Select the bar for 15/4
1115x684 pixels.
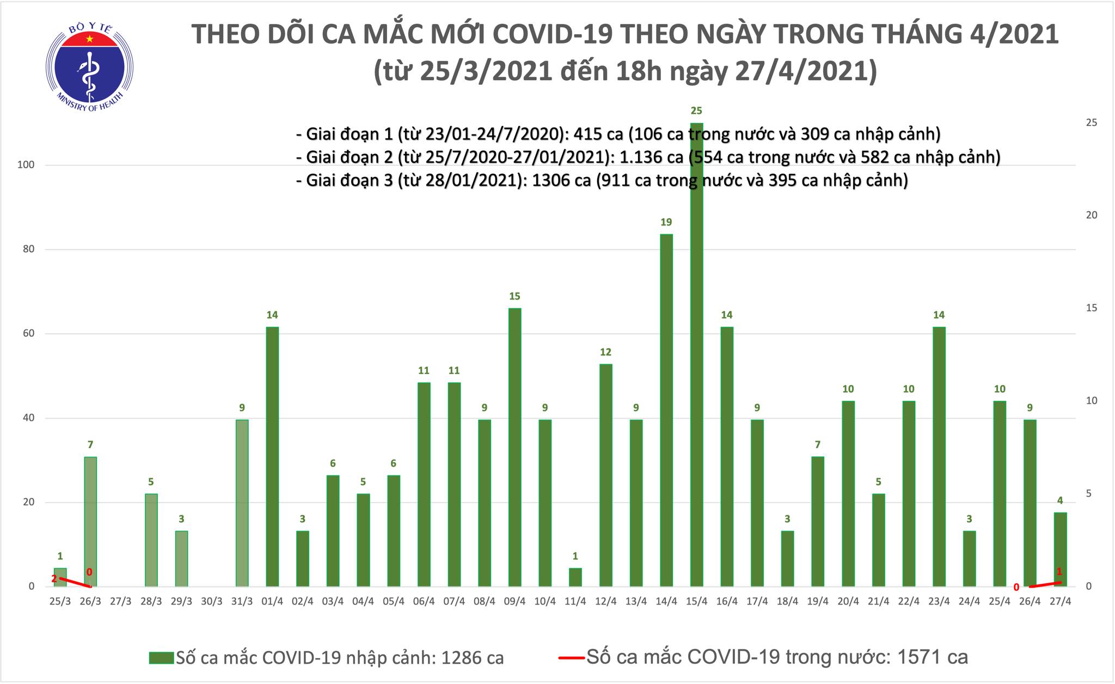[696, 354]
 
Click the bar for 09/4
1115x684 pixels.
[514, 447]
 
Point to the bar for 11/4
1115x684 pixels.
[575, 577]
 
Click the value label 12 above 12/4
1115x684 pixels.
[605, 352]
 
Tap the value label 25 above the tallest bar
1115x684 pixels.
[696, 111]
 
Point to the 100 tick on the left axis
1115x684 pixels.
[26, 165]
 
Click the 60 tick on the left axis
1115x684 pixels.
[28, 334]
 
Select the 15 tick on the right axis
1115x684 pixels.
[1092, 308]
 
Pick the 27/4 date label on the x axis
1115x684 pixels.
[1060, 601]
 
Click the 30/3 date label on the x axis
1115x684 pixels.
[212, 601]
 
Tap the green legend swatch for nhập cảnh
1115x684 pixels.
[161, 658]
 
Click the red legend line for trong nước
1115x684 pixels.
[571, 658]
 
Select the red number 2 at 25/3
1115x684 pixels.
[54, 579]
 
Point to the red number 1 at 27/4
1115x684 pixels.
[1059, 572]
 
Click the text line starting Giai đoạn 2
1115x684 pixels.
[648, 157]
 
